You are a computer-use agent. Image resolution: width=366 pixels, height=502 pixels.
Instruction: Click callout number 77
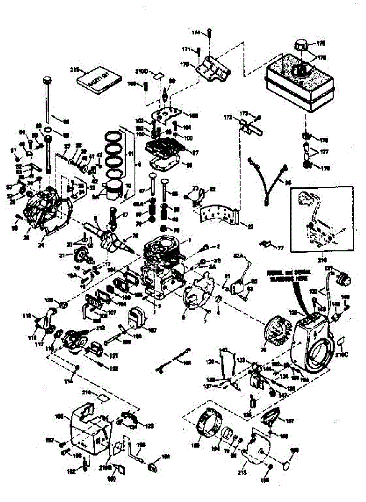click(280, 248)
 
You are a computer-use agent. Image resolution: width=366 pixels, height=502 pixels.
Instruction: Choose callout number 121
click(113, 356)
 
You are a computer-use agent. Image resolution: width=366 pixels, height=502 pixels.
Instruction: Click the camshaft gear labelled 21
click(80, 254)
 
